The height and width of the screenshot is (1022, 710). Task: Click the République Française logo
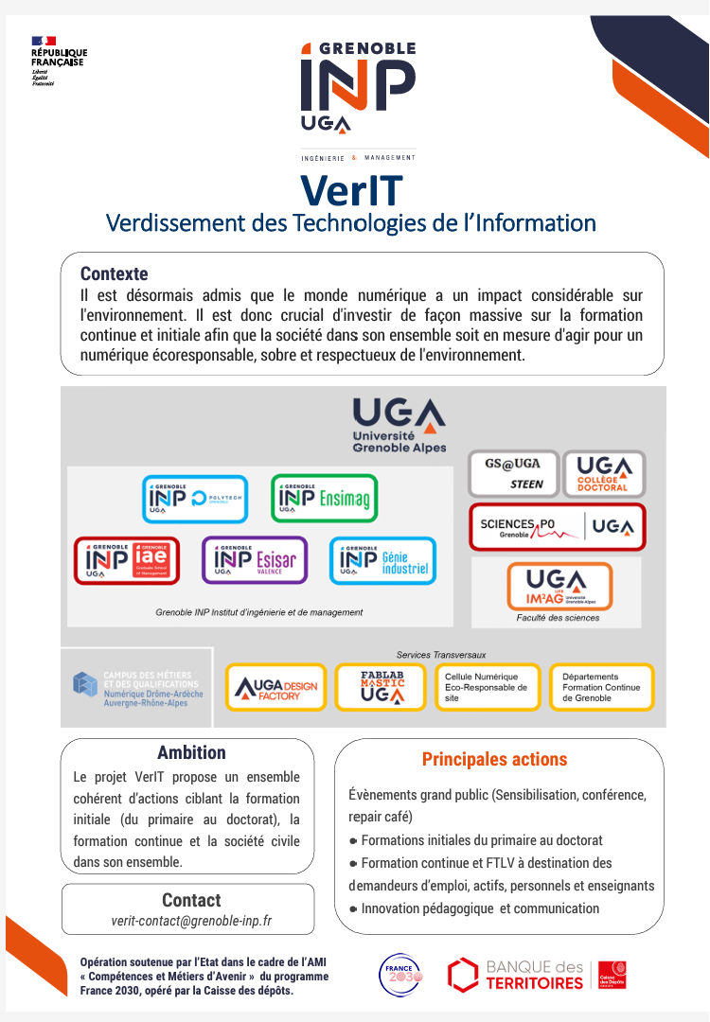(58, 60)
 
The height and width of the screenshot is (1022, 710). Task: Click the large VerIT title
(351, 190)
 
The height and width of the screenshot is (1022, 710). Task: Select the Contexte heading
(114, 274)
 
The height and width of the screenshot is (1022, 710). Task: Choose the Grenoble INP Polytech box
(195, 499)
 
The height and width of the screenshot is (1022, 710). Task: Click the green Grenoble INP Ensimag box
(324, 498)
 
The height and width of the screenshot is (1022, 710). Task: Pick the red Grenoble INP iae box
(126, 560)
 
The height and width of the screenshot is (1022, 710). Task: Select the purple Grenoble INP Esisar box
(255, 560)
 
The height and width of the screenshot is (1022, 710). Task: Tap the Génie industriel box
(382, 560)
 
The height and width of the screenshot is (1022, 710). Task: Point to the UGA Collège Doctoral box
(604, 473)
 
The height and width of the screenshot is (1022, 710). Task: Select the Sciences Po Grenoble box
(558, 526)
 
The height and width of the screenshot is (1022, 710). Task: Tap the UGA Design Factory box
(275, 687)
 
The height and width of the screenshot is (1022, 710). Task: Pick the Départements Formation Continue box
(601, 687)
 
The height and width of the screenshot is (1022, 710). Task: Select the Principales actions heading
(494, 759)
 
